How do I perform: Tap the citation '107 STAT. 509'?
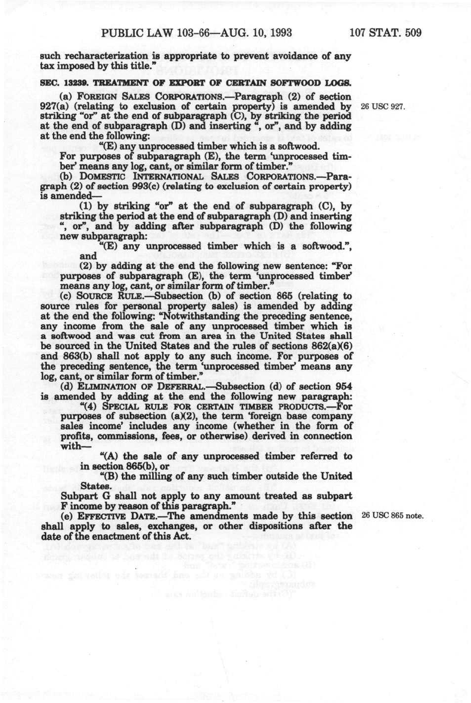click(x=385, y=33)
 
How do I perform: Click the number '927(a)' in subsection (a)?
click(x=55, y=106)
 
